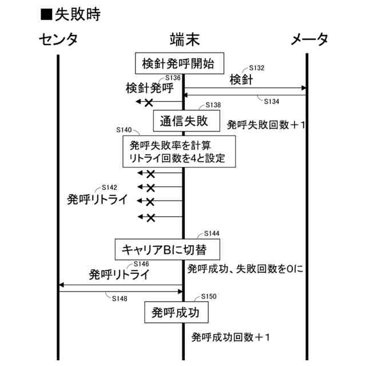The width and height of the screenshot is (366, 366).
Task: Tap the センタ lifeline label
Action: (58, 40)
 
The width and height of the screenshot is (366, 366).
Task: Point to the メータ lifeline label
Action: (309, 40)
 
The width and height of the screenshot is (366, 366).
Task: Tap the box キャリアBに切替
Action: (168, 249)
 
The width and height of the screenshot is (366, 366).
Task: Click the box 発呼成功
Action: (176, 312)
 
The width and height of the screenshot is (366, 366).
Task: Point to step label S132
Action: (257, 68)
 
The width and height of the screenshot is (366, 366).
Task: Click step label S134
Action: (272, 101)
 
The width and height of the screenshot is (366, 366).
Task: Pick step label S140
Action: (124, 130)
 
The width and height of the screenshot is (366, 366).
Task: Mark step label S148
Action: (120, 298)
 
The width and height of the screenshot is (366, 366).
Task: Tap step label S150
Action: (209, 297)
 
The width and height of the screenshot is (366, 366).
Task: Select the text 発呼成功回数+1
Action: (230, 337)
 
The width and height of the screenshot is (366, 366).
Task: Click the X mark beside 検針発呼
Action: (149, 102)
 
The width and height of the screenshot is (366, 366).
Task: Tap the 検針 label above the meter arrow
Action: (241, 79)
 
